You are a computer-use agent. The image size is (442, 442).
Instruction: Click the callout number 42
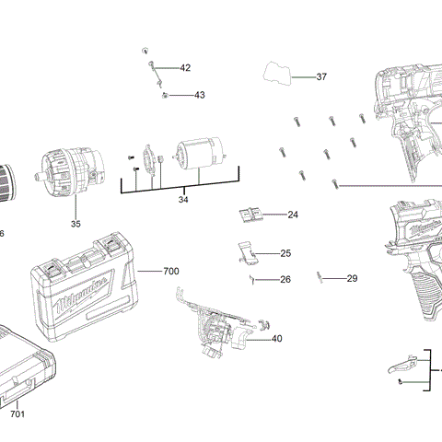pyautogui.click(x=185, y=68)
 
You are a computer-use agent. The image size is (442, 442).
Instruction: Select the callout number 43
pyautogui.click(x=199, y=95)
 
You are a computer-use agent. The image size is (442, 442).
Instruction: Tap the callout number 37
pyautogui.click(x=321, y=77)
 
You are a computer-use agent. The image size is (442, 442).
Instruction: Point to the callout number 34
pyautogui.click(x=183, y=199)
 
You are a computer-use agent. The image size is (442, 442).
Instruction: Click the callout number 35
pyautogui.click(x=76, y=224)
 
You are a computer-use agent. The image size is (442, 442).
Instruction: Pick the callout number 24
pyautogui.click(x=293, y=215)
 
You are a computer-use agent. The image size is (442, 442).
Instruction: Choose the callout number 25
pyautogui.click(x=285, y=253)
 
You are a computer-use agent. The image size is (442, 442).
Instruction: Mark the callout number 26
pyautogui.click(x=285, y=279)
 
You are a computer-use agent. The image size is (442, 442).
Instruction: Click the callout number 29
pyautogui.click(x=352, y=278)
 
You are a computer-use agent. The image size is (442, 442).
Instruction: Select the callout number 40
pyautogui.click(x=276, y=339)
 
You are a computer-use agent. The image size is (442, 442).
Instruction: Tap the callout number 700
pyautogui.click(x=171, y=271)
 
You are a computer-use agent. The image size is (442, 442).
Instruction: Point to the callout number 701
pyautogui.click(x=17, y=414)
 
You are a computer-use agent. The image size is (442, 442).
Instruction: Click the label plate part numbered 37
pyautogui.click(x=278, y=72)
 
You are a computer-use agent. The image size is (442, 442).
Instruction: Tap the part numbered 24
pyautogui.click(x=251, y=215)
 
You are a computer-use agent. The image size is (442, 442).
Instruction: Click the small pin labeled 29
pyautogui.click(x=319, y=275)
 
